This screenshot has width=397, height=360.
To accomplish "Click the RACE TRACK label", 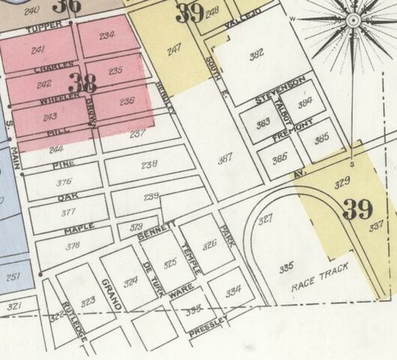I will point(320,278).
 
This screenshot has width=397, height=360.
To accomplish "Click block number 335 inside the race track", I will point(286,267).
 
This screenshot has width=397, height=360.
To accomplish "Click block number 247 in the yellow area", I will point(174,50).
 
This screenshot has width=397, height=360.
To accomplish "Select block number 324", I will point(131,282).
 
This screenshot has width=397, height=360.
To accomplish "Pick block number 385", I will point(322,139).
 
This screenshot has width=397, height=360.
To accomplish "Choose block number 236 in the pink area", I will point(127,101).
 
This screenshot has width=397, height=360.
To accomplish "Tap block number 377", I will point(65,212).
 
